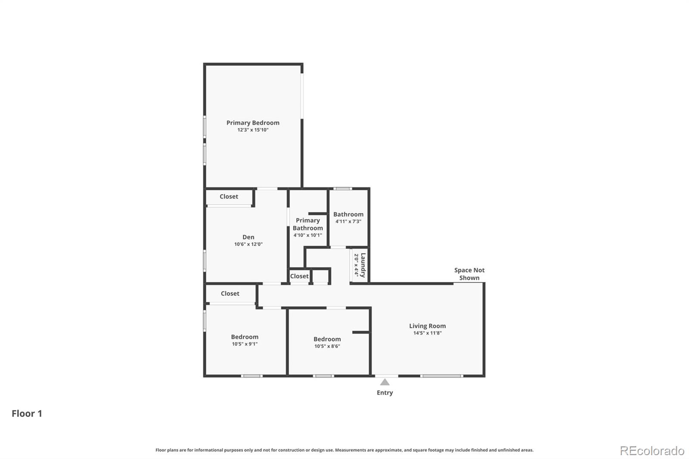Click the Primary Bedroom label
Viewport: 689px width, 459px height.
tap(253, 123)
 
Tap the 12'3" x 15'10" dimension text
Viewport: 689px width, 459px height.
tap(253, 130)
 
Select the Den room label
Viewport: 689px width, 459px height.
tap(248, 237)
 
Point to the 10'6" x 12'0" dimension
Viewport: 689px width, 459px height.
tap(248, 244)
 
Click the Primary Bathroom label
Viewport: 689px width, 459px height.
tap(307, 224)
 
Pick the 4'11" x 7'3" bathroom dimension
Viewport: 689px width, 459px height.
tap(348, 221)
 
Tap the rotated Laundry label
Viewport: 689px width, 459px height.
tap(363, 265)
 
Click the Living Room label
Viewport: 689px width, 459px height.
tap(427, 326)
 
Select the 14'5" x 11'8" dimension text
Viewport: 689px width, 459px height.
tap(427, 333)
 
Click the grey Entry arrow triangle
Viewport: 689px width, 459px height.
tap(385, 382)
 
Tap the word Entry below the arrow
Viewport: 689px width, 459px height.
tap(385, 393)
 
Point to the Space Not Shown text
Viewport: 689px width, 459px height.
tap(469, 274)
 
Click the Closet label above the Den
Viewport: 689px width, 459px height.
tap(229, 196)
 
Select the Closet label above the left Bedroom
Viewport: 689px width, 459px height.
tap(230, 293)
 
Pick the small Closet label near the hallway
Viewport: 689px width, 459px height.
tap(299, 276)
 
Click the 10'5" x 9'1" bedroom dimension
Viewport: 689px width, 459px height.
tap(245, 344)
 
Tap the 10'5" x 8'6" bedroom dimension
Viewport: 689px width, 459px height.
tap(327, 346)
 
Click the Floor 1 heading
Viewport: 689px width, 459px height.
tap(27, 413)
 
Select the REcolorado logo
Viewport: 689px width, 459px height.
tap(652, 451)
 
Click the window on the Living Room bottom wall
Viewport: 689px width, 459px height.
tap(441, 376)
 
